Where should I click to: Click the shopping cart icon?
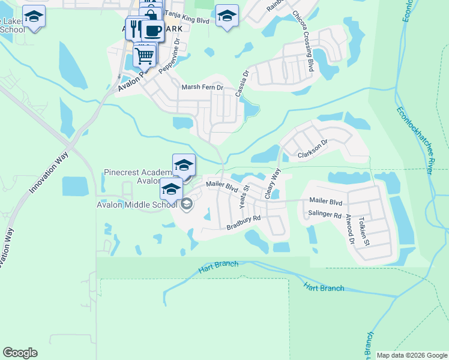(144, 56)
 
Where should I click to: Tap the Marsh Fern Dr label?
(202, 88)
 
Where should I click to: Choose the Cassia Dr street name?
(242, 84)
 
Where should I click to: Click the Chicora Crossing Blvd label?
(303, 49)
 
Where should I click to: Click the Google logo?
(20, 353)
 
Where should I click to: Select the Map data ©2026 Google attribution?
(411, 355)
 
